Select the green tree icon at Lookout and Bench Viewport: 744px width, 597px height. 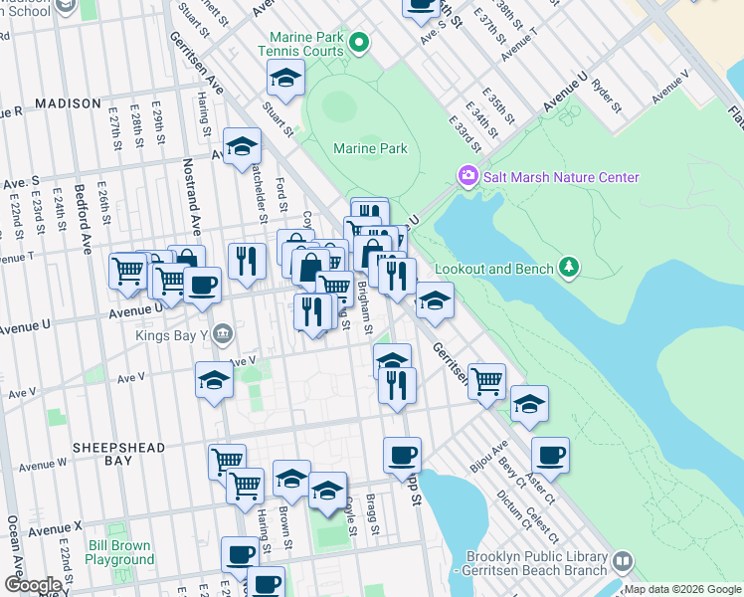[568, 267]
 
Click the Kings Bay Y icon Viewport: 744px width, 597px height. [223, 333]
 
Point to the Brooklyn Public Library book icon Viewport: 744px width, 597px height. [623, 561]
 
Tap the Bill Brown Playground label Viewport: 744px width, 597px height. [119, 552]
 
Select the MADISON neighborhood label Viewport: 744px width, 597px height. [68, 103]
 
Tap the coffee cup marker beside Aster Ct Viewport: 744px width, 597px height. [550, 455]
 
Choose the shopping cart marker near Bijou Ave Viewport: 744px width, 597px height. [486, 379]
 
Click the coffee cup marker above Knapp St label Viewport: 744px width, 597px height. [403, 454]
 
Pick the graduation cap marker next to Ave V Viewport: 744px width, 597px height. [214, 379]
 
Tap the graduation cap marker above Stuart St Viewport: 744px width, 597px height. [285, 78]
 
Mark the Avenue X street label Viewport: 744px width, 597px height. [54, 529]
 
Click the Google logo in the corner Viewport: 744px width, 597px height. [33, 585]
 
